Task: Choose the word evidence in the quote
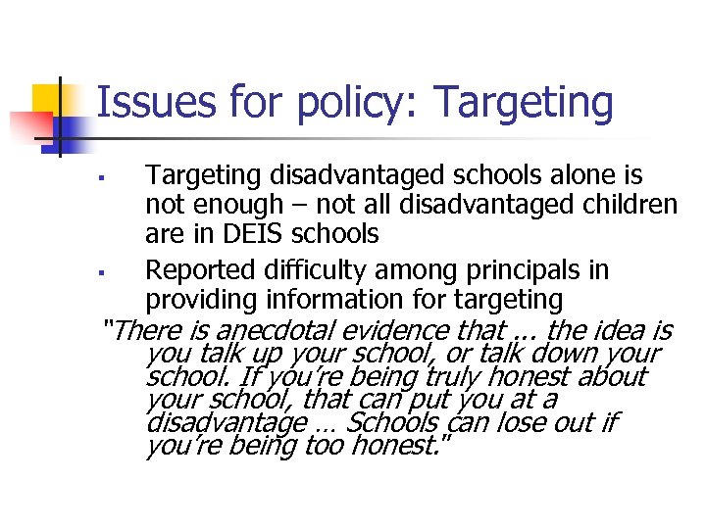401,330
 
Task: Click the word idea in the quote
613,330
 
